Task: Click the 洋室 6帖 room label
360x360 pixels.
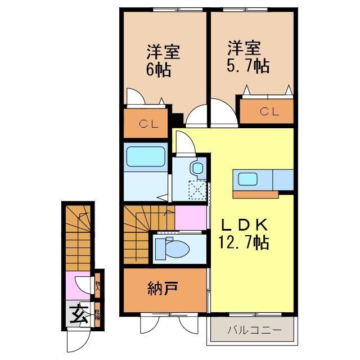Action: tap(163, 61)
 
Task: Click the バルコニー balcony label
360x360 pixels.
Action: tap(253, 330)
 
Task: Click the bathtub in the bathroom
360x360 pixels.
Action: tap(145, 156)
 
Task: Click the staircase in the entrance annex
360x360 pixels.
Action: tap(78, 236)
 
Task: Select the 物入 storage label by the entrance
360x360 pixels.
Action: tap(97, 283)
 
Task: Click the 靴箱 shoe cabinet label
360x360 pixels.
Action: tap(97, 314)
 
